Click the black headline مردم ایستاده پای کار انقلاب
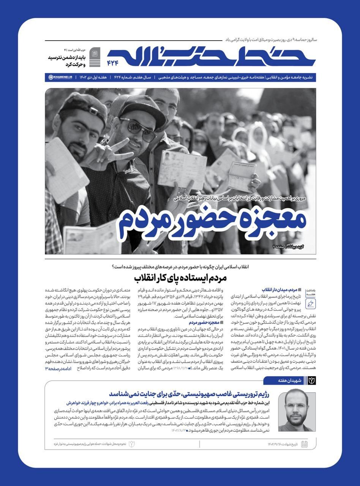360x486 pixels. click(x=180, y=278)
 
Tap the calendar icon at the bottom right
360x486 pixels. click(x=304, y=444)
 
